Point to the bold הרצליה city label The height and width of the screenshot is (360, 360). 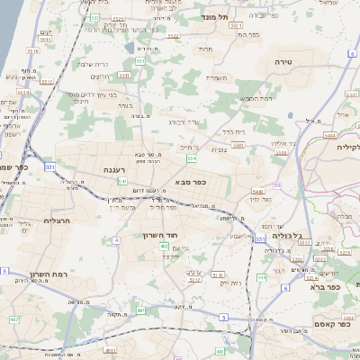coord(56,219)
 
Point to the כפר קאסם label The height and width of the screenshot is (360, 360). coord(331,323)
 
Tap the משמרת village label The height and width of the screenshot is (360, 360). coord(216,77)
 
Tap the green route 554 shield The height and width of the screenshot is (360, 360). coord(191,158)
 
